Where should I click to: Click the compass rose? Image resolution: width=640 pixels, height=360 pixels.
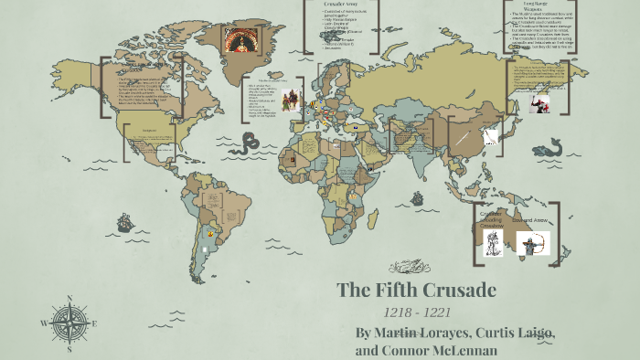pos(68,323)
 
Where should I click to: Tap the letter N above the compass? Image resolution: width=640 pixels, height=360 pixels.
pos(69,298)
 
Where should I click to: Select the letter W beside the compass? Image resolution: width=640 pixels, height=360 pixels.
pos(44,323)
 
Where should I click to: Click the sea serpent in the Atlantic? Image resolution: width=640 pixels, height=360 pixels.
pos(249,143)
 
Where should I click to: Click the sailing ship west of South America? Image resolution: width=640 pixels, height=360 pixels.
pos(125,222)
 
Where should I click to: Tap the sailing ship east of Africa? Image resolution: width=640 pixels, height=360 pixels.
pos(416,197)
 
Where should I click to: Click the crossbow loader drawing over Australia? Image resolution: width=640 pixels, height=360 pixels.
pos(493,243)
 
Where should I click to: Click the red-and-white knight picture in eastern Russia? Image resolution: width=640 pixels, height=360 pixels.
pos(539,102)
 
